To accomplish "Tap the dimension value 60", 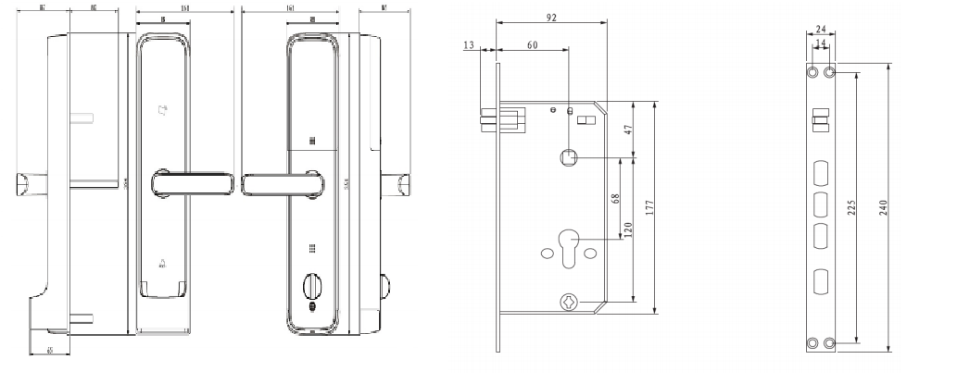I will [x=532, y=44].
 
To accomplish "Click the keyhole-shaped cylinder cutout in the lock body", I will [x=566, y=252].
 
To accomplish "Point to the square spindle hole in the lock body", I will [x=567, y=158].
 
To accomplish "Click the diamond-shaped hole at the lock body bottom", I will [x=567, y=301].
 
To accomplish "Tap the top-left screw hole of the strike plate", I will [x=813, y=72].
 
